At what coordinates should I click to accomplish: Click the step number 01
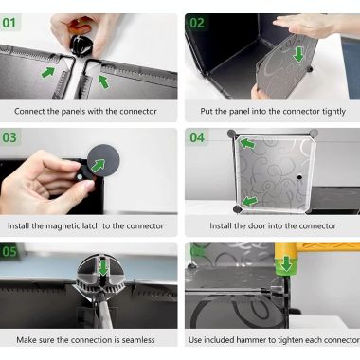(9, 23)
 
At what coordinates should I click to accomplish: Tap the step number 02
(197, 23)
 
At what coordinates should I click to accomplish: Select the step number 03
(9, 137)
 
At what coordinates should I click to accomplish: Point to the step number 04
(197, 137)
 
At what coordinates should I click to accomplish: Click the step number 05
(9, 252)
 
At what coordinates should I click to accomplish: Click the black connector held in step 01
(81, 45)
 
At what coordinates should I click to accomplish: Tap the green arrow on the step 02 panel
(298, 54)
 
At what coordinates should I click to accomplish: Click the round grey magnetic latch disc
(103, 160)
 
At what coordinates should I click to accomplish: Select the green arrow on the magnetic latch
(99, 166)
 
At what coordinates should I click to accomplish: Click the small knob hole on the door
(299, 177)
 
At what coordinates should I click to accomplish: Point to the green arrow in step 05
(103, 267)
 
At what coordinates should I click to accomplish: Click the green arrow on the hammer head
(286, 263)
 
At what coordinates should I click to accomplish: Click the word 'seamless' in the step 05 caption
(138, 340)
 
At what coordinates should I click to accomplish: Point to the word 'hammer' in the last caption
(251, 340)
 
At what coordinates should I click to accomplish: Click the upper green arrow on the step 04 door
(247, 144)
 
